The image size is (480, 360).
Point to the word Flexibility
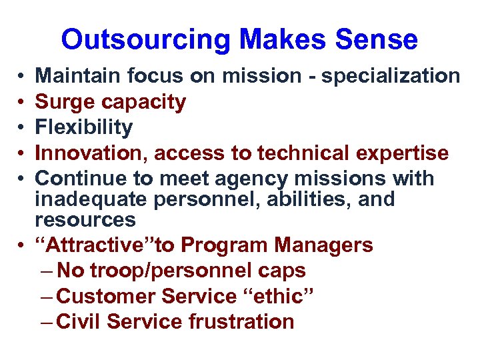click(x=84, y=127)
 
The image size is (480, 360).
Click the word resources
click(x=85, y=219)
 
